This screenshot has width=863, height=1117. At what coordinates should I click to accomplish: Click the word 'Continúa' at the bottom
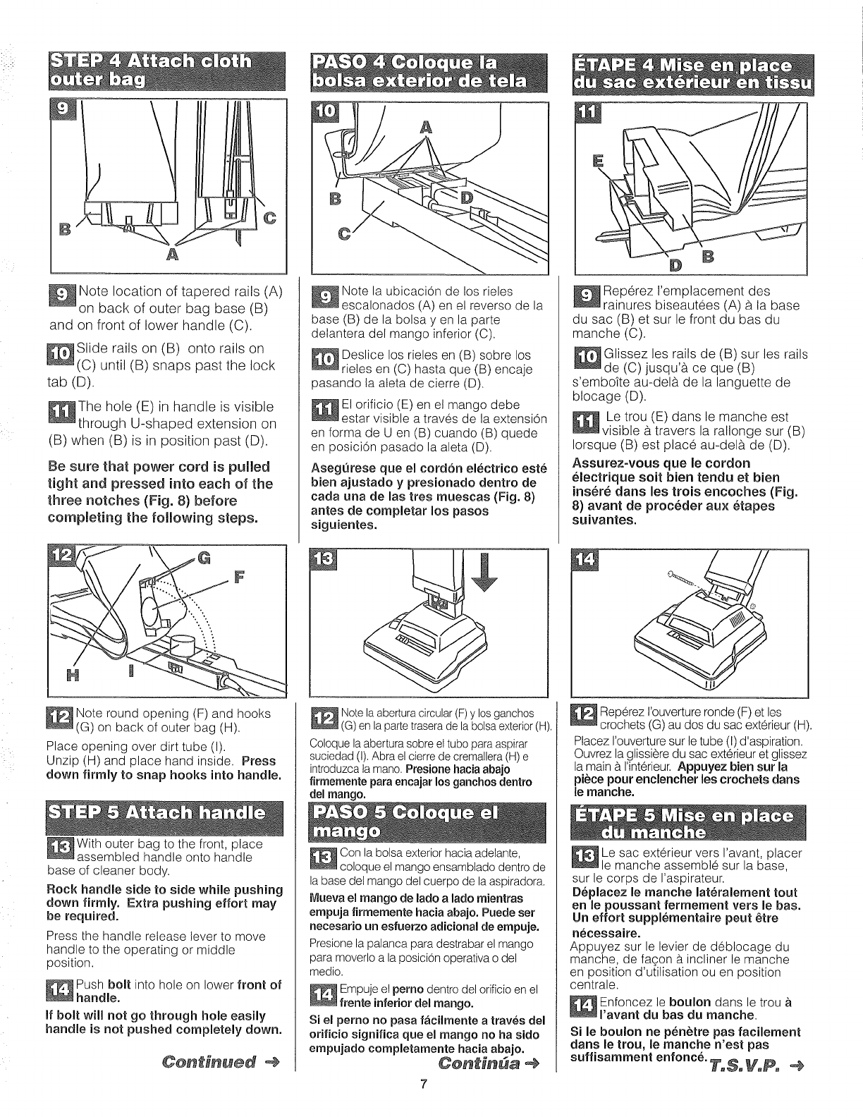[x=469, y=1081]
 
